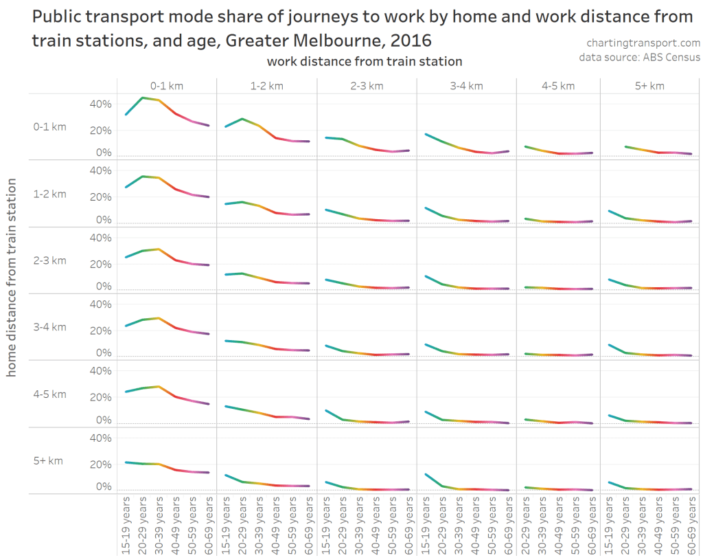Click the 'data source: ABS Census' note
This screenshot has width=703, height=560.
[x=639, y=57]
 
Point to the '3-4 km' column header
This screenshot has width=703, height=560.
[x=467, y=86]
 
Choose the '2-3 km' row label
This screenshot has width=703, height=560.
[x=50, y=260]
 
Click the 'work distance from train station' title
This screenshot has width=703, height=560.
[x=365, y=61]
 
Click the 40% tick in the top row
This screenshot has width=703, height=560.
[x=100, y=104]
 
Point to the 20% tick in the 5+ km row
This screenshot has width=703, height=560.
[x=100, y=464]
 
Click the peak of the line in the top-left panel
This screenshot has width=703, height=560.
[x=142, y=98]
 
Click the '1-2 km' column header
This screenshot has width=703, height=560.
[x=266, y=86]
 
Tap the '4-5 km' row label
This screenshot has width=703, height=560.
[x=50, y=394]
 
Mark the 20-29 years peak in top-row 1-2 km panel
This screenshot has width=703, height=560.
[x=242, y=119]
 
